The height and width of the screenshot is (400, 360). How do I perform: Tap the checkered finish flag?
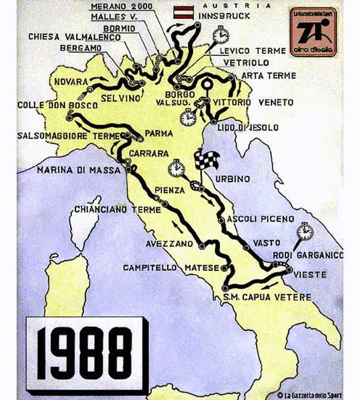207,160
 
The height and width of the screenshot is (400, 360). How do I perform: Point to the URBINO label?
233,179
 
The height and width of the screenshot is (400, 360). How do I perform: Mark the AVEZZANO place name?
170,244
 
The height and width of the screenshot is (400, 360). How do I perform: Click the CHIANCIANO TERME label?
117,210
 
